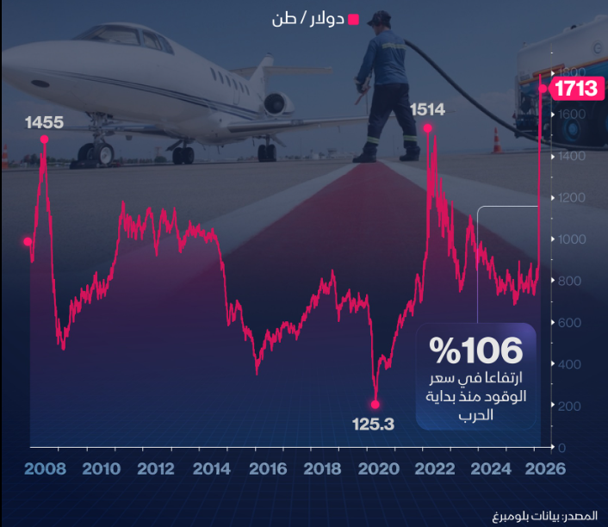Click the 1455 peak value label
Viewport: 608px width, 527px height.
[x=44, y=122]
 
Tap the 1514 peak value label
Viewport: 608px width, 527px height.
[x=427, y=109]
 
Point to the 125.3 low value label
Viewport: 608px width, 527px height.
[x=373, y=424]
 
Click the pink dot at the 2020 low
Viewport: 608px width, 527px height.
[x=375, y=403]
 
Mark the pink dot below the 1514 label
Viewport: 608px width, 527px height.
[x=427, y=128]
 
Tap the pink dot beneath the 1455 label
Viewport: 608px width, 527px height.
[x=44, y=140]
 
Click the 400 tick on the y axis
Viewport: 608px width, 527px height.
[x=568, y=364]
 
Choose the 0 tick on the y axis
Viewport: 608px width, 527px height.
[x=561, y=448]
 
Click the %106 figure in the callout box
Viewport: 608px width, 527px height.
[x=476, y=350]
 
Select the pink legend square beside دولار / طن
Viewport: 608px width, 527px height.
[x=352, y=17]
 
